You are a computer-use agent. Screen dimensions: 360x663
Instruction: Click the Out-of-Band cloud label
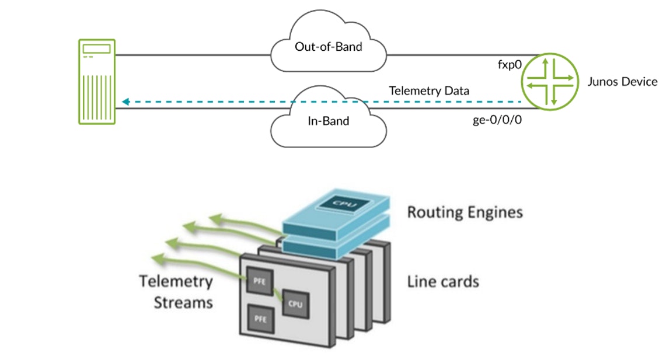click(329, 47)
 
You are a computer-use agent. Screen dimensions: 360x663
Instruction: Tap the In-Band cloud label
click(328, 121)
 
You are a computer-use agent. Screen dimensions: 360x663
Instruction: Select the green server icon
click(97, 82)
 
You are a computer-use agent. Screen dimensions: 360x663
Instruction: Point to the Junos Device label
click(623, 82)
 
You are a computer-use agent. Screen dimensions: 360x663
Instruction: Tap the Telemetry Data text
click(429, 91)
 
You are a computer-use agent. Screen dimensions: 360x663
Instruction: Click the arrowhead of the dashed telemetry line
click(125, 102)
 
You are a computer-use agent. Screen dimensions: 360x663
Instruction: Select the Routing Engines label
click(465, 212)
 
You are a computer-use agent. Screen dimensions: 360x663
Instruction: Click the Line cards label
click(443, 282)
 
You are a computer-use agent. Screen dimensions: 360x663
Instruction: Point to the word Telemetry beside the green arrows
click(176, 282)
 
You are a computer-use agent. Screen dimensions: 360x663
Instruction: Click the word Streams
click(183, 302)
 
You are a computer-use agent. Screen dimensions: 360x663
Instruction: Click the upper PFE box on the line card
click(259, 279)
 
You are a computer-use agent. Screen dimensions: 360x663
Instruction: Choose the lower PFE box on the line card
click(259, 318)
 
